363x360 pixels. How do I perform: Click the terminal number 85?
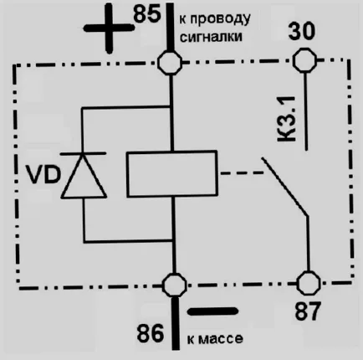pyautogui.click(x=147, y=13)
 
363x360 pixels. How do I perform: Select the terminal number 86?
pyautogui.click(x=150, y=333)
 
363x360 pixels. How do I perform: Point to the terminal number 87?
pyautogui.click(x=308, y=311)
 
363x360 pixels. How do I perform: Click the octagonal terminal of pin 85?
pyautogui.click(x=170, y=62)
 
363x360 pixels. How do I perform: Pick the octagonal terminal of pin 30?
pyautogui.click(x=304, y=60)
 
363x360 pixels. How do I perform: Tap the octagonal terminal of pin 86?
pyautogui.click(x=175, y=285)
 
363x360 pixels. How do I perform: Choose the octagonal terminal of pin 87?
pyautogui.click(x=309, y=283)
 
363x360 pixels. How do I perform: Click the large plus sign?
pyautogui.click(x=109, y=28)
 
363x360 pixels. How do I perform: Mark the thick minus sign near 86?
pyautogui.click(x=212, y=311)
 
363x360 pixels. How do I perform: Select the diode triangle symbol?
pyautogui.click(x=84, y=177)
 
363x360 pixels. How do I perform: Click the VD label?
pyautogui.click(x=43, y=175)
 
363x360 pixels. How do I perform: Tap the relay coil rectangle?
pyautogui.click(x=172, y=173)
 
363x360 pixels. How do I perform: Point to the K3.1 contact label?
pyautogui.click(x=287, y=119)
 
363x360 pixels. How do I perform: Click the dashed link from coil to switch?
pyautogui.click(x=242, y=173)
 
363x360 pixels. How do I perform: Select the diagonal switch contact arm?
pyautogui.click(x=284, y=187)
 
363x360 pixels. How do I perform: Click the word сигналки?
pyautogui.click(x=211, y=37)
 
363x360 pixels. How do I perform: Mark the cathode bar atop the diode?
pyautogui.click(x=83, y=153)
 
